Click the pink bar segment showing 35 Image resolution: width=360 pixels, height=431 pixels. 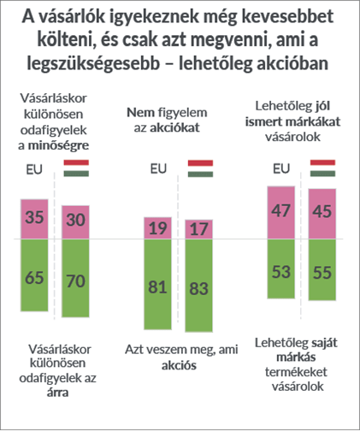(x=34, y=219)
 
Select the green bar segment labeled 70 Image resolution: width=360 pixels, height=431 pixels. (x=75, y=278)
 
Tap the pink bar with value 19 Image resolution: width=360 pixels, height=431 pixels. (x=157, y=228)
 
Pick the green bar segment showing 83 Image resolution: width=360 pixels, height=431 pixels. (x=199, y=286)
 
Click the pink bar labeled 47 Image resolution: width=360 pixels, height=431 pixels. (x=281, y=213)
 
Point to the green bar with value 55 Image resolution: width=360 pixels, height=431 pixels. (x=322, y=269)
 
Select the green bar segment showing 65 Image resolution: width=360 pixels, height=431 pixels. (x=34, y=275)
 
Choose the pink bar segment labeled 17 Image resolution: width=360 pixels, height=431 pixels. (x=199, y=229)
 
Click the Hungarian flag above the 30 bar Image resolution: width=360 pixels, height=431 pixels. (x=76, y=168)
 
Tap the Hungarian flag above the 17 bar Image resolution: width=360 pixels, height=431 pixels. (x=200, y=168)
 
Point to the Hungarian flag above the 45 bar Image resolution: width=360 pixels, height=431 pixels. (x=322, y=168)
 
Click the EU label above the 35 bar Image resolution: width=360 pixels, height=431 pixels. (x=34, y=169)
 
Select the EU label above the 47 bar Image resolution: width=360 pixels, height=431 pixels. (x=281, y=168)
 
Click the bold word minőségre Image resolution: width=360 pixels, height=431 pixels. (x=58, y=145)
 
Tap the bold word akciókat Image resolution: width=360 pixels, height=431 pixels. (x=174, y=127)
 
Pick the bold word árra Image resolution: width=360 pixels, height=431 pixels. (x=57, y=393)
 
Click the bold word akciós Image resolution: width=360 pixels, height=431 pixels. (x=179, y=365)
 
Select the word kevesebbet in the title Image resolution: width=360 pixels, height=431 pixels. (x=287, y=16)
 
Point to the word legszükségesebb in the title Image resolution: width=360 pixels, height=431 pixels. (x=93, y=63)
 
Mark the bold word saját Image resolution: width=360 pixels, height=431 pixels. (x=324, y=342)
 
